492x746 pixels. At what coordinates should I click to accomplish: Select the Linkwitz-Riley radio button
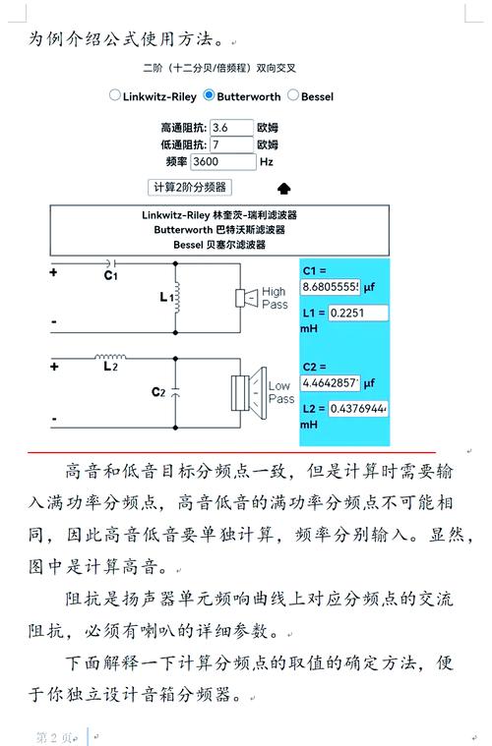click(x=115, y=95)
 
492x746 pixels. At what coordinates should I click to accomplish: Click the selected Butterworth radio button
click(x=209, y=95)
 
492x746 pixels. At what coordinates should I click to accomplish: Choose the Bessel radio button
click(x=293, y=95)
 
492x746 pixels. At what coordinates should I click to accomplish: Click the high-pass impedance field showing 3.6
click(x=231, y=128)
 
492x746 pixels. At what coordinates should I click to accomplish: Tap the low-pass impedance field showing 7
click(x=231, y=144)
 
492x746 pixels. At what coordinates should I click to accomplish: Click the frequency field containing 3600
click(x=222, y=161)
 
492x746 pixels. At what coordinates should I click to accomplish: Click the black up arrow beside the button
click(x=284, y=188)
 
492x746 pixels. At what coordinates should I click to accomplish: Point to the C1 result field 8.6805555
click(x=331, y=287)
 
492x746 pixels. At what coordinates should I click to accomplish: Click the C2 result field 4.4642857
click(x=331, y=381)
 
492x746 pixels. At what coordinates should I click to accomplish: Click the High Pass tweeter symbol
click(x=245, y=297)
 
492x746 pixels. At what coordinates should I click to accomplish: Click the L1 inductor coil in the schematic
click(x=178, y=296)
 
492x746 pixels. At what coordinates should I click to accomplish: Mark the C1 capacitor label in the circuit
click(x=110, y=276)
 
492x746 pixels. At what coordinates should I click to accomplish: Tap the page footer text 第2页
click(x=54, y=736)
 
